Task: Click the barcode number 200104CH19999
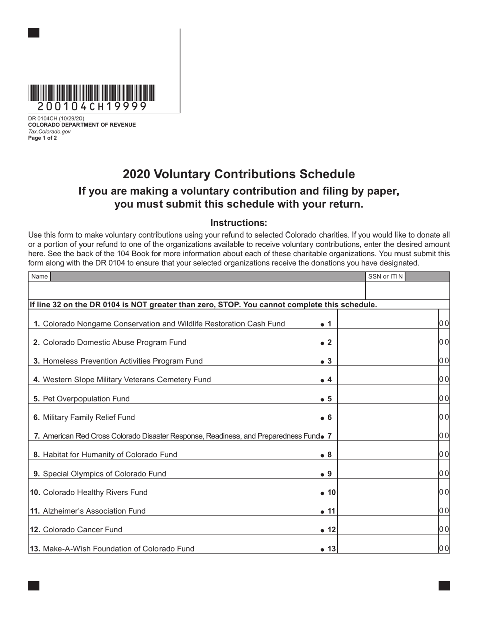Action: click(x=92, y=107)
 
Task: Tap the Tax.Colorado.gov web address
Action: click(x=49, y=132)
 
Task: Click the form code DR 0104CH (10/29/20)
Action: click(x=56, y=119)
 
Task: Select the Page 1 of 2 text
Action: click(x=42, y=138)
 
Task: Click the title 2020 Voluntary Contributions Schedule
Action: click(x=238, y=174)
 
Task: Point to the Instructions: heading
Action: click(x=238, y=223)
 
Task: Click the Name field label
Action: click(x=39, y=276)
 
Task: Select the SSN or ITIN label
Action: click(x=385, y=276)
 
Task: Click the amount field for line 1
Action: click(x=387, y=324)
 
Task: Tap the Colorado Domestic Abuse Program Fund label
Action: click(x=114, y=342)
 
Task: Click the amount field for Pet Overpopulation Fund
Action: click(x=387, y=399)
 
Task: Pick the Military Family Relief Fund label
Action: click(x=89, y=417)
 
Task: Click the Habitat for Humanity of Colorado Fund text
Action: click(x=110, y=455)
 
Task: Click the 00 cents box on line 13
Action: click(x=444, y=549)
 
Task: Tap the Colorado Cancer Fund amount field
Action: click(x=387, y=529)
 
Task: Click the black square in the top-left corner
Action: click(x=34, y=33)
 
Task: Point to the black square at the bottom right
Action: click(x=444, y=585)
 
